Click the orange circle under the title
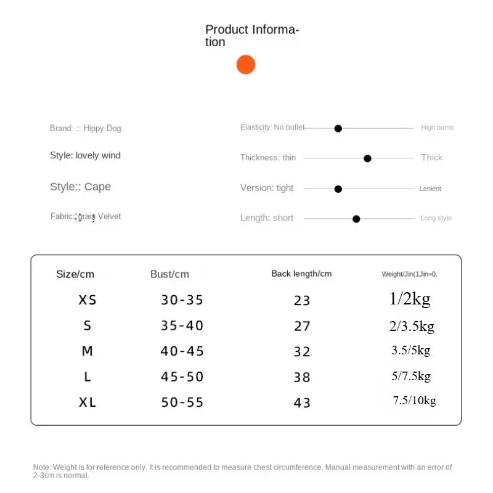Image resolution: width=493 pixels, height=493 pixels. click(246, 65)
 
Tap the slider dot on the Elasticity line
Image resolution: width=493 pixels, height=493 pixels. click(338, 128)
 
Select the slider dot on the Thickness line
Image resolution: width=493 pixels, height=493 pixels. click(368, 158)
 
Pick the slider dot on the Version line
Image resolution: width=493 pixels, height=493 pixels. click(338, 189)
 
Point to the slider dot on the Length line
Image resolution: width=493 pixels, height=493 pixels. click(356, 219)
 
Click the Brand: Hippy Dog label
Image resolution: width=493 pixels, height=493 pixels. click(86, 128)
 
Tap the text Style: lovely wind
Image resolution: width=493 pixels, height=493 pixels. click(85, 155)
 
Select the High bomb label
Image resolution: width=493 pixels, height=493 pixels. click(438, 128)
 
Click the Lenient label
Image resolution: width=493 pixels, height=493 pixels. click(430, 189)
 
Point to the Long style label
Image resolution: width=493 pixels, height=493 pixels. click(436, 218)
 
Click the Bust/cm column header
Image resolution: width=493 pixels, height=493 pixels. click(169, 274)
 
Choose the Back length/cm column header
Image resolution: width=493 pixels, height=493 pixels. click(301, 274)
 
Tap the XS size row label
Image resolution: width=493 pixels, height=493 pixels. click(88, 300)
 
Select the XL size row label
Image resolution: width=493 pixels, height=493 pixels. click(88, 402)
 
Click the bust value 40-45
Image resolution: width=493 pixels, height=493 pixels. click(182, 351)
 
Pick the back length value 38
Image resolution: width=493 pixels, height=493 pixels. click(302, 377)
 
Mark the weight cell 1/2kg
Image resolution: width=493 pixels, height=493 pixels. click(410, 299)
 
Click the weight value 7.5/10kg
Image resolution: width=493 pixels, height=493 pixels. click(415, 401)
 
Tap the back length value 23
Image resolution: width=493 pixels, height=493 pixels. click(302, 301)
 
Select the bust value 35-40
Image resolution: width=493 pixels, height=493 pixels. click(182, 326)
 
